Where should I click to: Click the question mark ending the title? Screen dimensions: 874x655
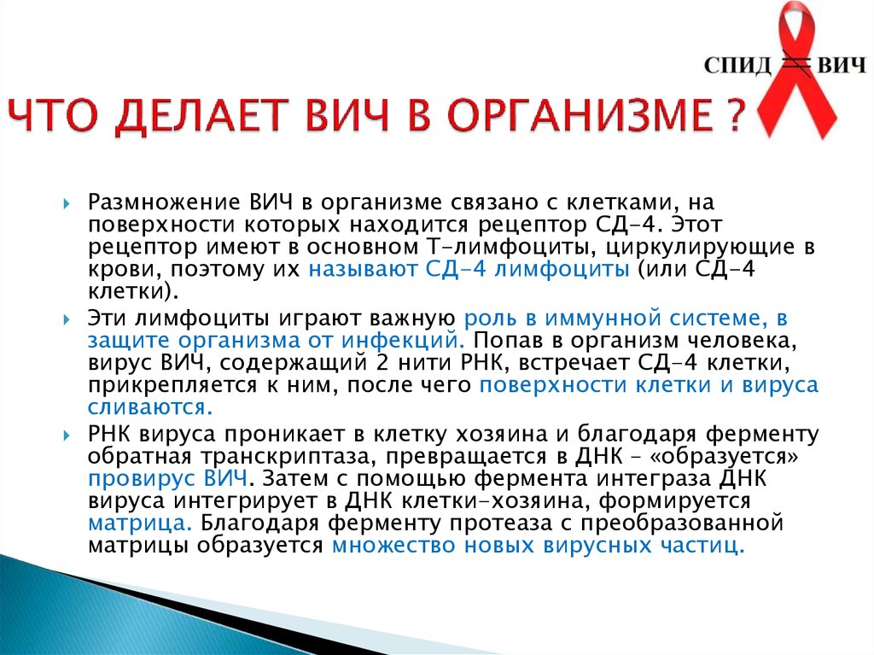(x=736, y=114)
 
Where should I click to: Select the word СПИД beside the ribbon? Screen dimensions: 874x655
(x=737, y=65)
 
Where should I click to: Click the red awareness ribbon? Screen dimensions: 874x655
(x=798, y=73)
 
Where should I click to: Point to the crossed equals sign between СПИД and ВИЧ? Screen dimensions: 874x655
(x=795, y=65)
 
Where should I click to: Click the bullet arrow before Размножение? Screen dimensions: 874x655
(x=67, y=203)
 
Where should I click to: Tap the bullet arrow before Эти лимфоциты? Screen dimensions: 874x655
(x=67, y=319)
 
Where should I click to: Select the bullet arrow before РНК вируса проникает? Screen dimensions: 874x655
(x=67, y=436)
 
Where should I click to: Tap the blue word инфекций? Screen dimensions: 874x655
(x=403, y=341)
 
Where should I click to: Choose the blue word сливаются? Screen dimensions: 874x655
(x=150, y=406)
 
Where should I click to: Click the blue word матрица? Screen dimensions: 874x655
(x=141, y=523)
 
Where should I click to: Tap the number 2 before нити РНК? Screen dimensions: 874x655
(x=382, y=363)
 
